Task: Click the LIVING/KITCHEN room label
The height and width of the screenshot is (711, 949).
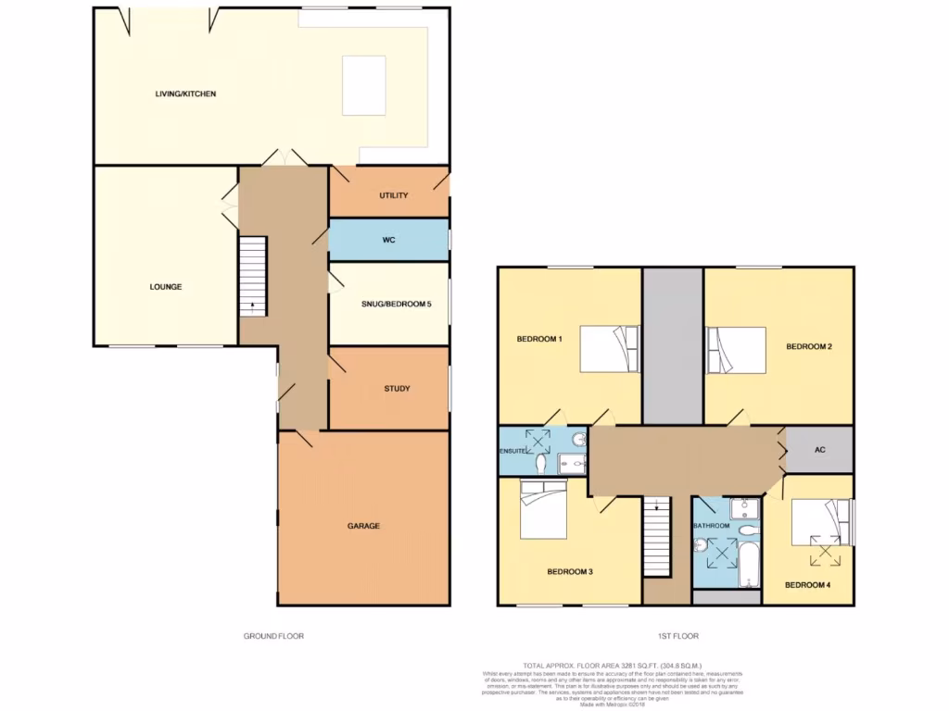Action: (185, 94)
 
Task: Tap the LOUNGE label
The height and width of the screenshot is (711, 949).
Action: (166, 287)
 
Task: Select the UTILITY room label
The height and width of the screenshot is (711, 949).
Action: (393, 196)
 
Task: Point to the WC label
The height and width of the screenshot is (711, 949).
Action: (389, 241)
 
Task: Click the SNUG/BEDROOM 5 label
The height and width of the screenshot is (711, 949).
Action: (396, 303)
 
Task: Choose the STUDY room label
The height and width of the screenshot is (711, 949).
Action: (397, 389)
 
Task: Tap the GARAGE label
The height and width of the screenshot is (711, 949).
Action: (363, 526)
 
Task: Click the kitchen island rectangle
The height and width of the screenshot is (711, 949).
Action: (363, 85)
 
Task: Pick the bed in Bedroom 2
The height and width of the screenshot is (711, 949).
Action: (737, 350)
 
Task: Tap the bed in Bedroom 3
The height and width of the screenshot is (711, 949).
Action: (543, 511)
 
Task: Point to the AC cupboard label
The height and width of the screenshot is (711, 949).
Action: (819, 451)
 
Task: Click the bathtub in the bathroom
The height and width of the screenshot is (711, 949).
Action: (748, 564)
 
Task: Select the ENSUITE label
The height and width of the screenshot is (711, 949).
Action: (514, 451)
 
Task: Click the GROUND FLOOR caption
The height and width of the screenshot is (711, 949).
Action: (273, 636)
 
